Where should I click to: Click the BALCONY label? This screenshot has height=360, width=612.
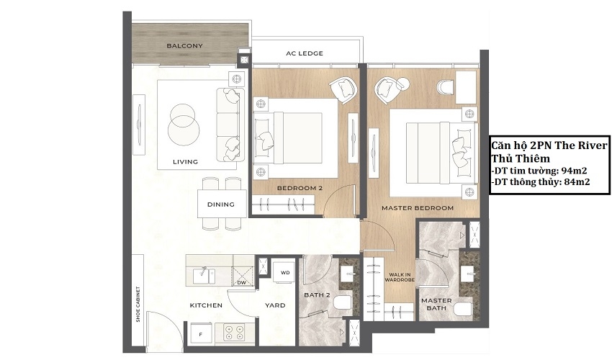click(x=184, y=45)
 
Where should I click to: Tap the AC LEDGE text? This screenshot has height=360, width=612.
click(x=305, y=53)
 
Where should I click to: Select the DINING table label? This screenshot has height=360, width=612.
click(x=221, y=204)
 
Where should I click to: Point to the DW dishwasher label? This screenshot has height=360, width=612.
click(x=241, y=282)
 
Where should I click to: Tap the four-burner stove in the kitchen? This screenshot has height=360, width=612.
click(x=235, y=332)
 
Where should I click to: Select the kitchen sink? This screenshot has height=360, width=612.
click(x=203, y=274)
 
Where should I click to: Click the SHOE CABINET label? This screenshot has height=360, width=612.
click(x=138, y=304)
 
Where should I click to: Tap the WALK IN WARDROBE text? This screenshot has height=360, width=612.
click(x=400, y=277)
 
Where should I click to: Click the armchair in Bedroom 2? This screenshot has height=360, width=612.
click(x=343, y=90)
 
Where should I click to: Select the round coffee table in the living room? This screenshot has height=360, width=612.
click(x=184, y=125)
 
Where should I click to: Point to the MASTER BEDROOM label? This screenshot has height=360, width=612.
click(x=418, y=208)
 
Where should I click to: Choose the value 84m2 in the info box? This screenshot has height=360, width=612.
click(x=577, y=181)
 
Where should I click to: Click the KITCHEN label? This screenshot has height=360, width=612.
click(x=206, y=305)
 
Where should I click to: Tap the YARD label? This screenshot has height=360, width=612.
click(x=275, y=305)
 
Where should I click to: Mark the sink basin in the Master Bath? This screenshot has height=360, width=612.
click(x=467, y=273)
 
